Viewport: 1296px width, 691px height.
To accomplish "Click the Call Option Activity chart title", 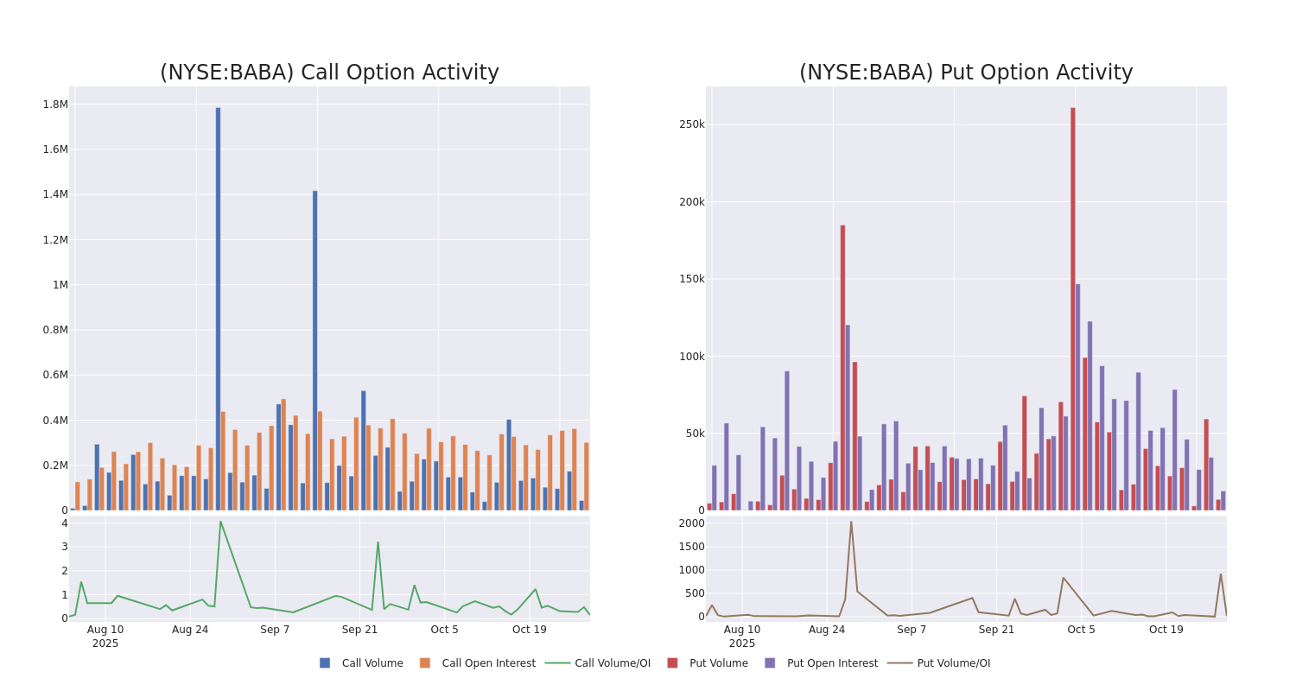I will pyautogui.click(x=329, y=73).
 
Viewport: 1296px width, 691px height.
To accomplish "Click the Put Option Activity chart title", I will pyautogui.click(x=965, y=73).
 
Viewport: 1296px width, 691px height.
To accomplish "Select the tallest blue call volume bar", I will pyautogui.click(x=218, y=308).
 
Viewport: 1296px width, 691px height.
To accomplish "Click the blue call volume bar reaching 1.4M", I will pyautogui.click(x=314, y=350).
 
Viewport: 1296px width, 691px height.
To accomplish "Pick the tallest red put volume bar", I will pyautogui.click(x=1073, y=308).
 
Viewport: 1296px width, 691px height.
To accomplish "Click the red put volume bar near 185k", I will pyautogui.click(x=842, y=367).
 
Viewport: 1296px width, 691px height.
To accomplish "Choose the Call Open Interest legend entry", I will pyautogui.click(x=488, y=663).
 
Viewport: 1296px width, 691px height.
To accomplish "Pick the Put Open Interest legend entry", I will pyautogui.click(x=831, y=663).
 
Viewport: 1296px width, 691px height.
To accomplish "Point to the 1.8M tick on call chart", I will pyautogui.click(x=55, y=105).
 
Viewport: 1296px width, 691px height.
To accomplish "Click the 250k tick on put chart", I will pyautogui.click(x=691, y=124).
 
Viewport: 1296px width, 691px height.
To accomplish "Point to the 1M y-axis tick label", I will pyautogui.click(x=60, y=285).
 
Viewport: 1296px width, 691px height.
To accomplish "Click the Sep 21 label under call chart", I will pyautogui.click(x=359, y=630).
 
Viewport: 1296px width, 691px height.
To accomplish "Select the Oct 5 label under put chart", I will pyautogui.click(x=1081, y=630).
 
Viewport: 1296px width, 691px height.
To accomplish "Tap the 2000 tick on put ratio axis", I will pyautogui.click(x=691, y=523).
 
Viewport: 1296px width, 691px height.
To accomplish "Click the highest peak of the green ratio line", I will pyautogui.click(x=220, y=522).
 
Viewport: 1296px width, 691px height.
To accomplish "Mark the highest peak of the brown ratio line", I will pyautogui.click(x=850, y=522).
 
